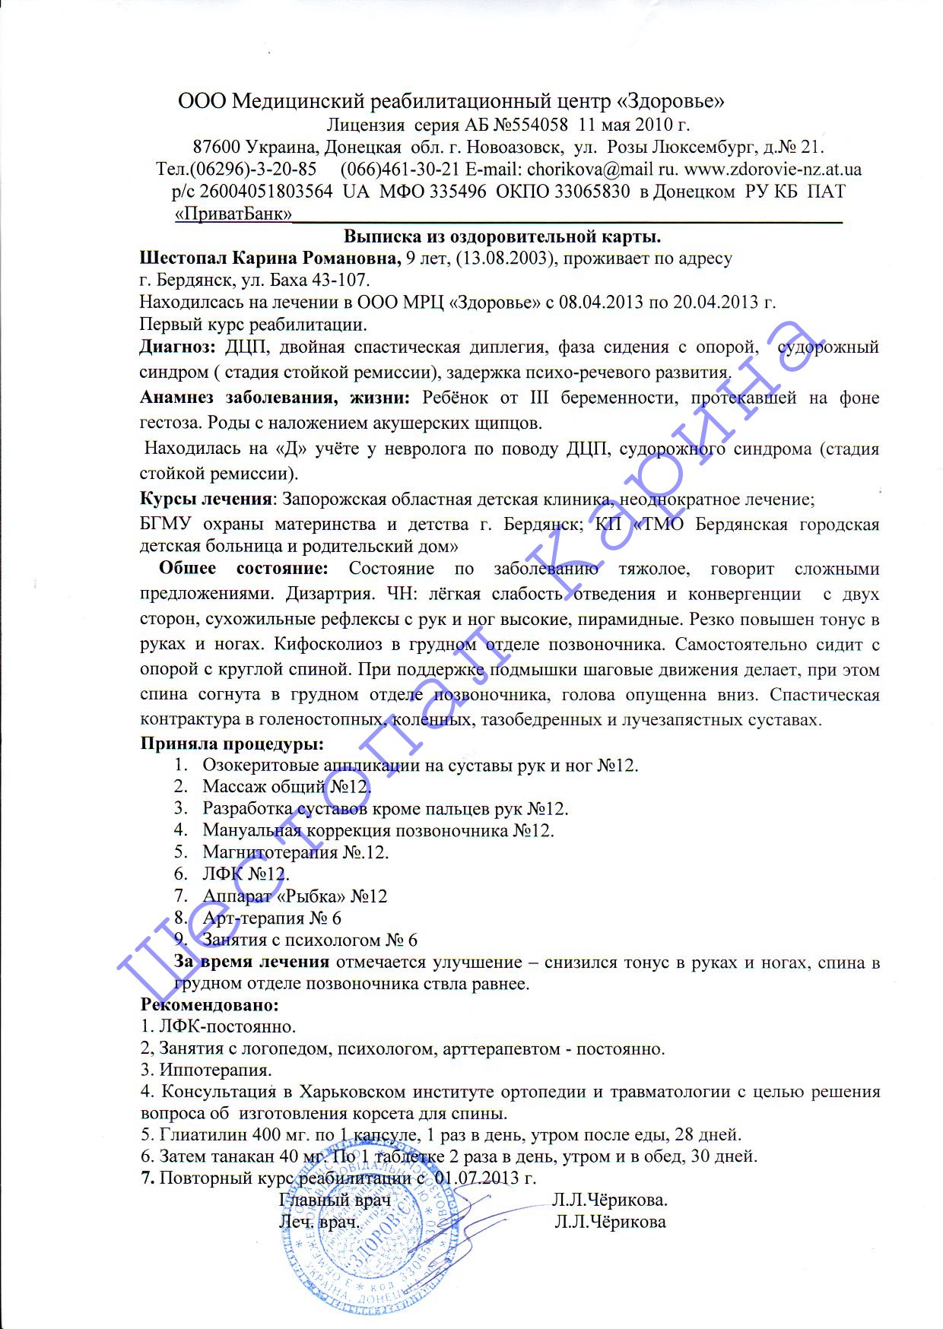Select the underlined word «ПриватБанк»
click(x=233, y=214)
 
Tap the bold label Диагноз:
click(x=178, y=347)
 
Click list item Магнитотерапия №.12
click(x=295, y=852)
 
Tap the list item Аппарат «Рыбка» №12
click(x=294, y=896)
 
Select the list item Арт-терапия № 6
click(x=271, y=918)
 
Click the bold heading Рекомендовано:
click(x=209, y=1005)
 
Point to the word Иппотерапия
click(x=215, y=1070)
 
